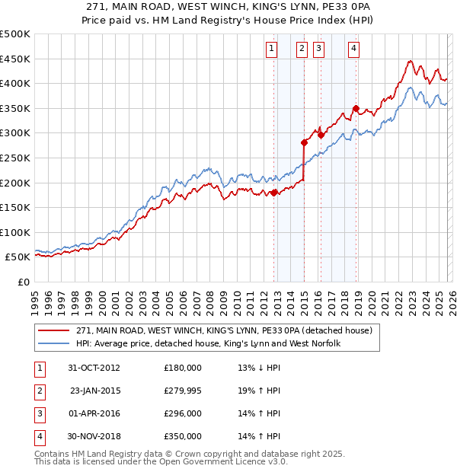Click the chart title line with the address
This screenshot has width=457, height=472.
pos(228,5)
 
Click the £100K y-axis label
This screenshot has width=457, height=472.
pos(15,232)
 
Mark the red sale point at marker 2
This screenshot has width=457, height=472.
pos(304,142)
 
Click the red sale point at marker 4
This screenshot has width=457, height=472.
pos(356,108)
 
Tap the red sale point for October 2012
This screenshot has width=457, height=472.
pos(273,193)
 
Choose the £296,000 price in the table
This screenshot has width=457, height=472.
pos(183,413)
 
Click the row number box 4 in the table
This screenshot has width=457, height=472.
pos(37,436)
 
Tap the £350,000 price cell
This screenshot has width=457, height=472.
pos(183,436)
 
